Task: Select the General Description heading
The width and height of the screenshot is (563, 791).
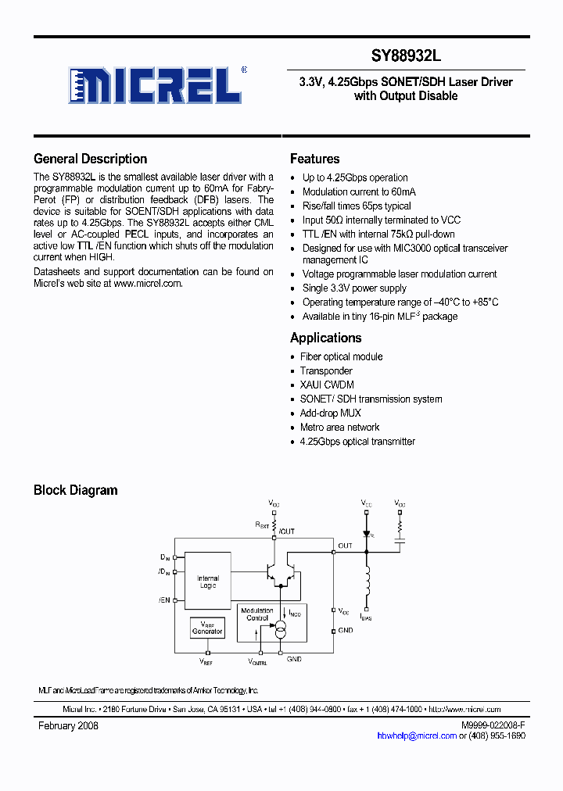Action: click(x=90, y=159)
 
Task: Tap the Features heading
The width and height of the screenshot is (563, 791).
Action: click(x=314, y=159)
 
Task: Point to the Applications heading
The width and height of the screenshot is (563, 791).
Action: click(x=325, y=338)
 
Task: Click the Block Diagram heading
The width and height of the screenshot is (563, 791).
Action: click(x=75, y=490)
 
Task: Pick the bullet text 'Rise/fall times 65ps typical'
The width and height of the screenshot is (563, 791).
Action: click(x=357, y=206)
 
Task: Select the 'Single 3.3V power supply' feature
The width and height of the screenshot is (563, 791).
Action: click(x=354, y=288)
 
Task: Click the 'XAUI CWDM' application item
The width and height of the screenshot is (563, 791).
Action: click(x=327, y=385)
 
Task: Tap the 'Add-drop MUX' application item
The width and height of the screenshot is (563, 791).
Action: click(x=330, y=413)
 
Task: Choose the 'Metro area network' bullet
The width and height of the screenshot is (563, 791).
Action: click(x=339, y=427)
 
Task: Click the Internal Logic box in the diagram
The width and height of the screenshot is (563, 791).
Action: click(x=207, y=582)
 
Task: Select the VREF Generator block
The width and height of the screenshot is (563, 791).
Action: click(x=207, y=628)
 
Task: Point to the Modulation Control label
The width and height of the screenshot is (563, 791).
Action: click(x=256, y=614)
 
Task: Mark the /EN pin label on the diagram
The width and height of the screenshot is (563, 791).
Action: click(x=163, y=600)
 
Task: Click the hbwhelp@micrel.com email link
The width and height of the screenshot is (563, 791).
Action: click(x=416, y=736)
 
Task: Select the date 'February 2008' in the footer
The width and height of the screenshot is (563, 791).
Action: click(x=68, y=725)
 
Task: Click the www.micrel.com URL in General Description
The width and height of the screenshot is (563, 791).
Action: click(x=147, y=283)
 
